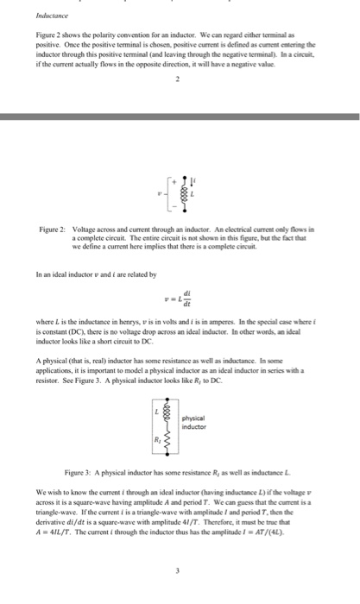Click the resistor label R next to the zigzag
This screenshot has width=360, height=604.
point(155,445)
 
